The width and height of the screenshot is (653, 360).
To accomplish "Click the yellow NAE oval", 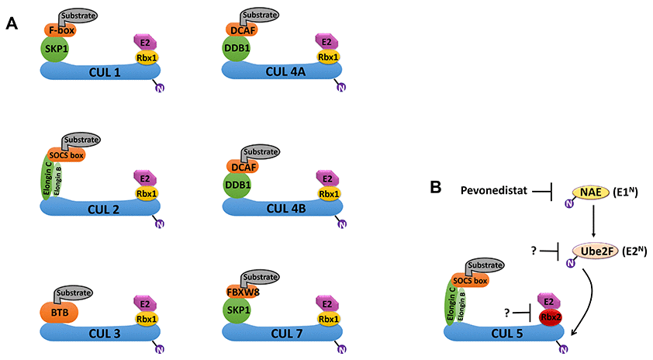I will [x=593, y=190].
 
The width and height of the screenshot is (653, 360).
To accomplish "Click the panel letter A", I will [x=12, y=24].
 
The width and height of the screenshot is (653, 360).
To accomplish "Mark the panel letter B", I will [x=436, y=187].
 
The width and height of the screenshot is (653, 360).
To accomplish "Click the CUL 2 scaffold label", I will [x=101, y=208].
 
